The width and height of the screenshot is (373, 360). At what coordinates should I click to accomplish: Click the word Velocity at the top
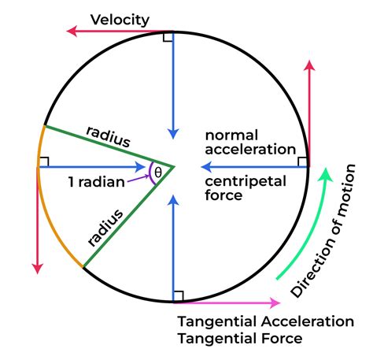[x=120, y=19]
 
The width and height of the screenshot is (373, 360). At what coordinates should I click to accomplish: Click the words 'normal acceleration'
[x=249, y=142]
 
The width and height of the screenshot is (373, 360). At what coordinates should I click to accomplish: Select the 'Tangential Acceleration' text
[x=265, y=322]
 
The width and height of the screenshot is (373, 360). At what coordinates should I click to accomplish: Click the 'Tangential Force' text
[x=239, y=340]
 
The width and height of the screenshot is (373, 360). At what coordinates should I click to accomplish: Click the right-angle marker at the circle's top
[x=168, y=37]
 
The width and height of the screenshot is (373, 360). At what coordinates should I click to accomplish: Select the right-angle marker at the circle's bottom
[x=179, y=295]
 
